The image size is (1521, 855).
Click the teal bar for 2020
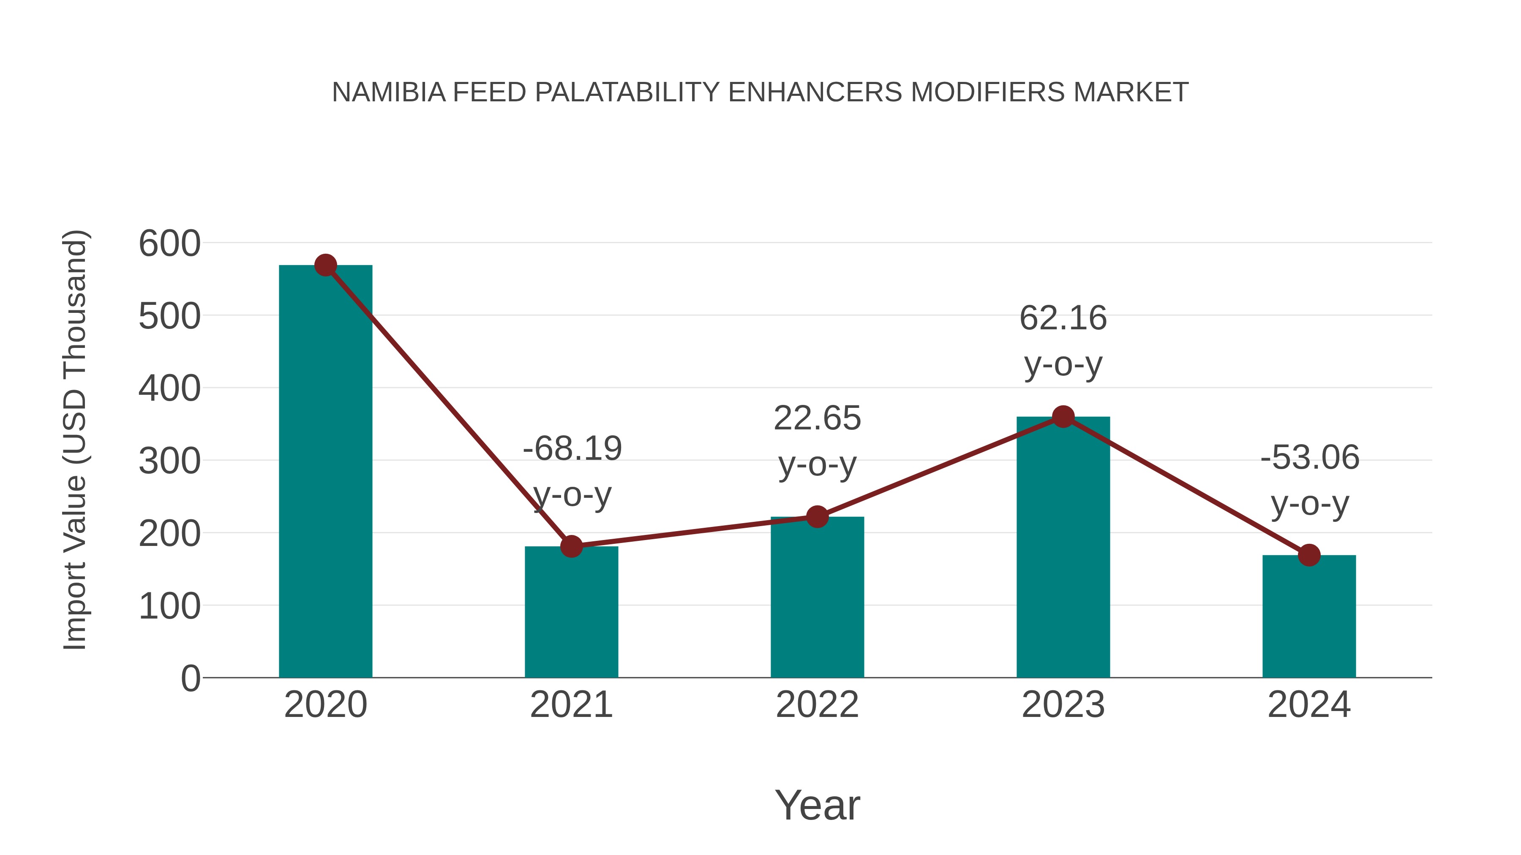325,472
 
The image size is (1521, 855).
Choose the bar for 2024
1309,616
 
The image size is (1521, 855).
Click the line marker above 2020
325,266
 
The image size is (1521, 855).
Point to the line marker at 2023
1063,417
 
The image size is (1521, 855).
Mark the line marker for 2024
1309,555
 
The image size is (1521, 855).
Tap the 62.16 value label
1063,319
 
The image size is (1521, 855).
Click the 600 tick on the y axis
169,244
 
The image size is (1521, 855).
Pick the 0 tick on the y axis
190,679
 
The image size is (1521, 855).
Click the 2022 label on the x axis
817,705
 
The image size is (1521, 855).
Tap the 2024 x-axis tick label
1309,705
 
